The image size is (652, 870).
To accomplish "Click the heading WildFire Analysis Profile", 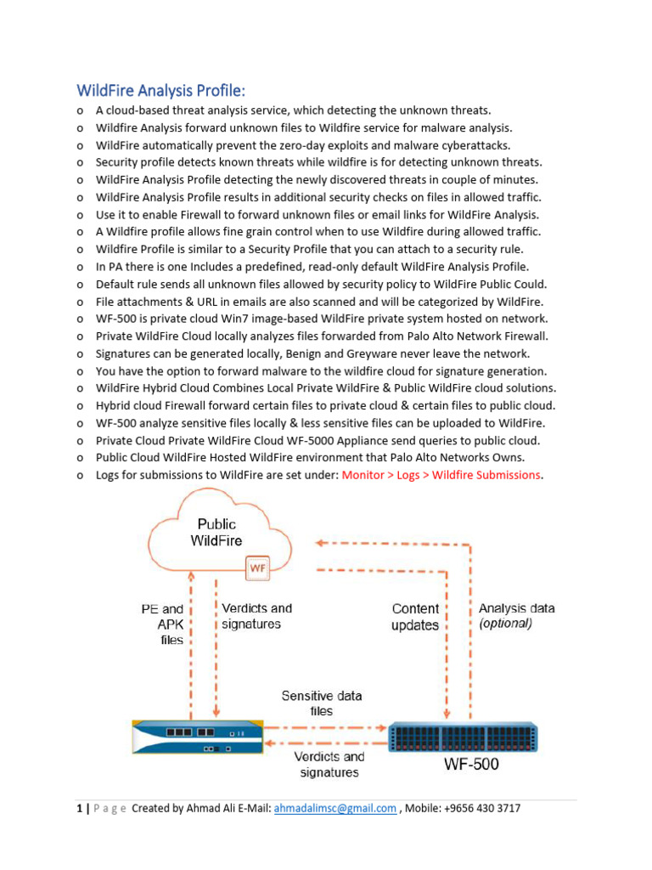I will (160, 90).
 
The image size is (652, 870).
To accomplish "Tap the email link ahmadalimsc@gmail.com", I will (335, 808).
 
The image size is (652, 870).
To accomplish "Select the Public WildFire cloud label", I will (216, 533).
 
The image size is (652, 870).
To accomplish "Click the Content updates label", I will (415, 617).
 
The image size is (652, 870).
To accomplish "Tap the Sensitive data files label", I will (322, 703).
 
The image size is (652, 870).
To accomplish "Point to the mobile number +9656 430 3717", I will (482, 808).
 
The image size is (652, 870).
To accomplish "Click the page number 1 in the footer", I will (79, 808).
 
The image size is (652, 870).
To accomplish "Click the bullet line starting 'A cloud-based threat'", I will (293, 110).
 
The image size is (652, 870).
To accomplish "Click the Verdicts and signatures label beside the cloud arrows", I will (256, 616).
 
